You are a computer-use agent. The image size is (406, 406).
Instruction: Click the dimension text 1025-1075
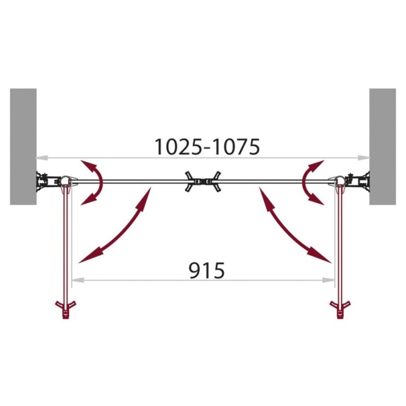(207, 147)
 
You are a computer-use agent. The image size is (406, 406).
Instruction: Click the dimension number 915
(207, 270)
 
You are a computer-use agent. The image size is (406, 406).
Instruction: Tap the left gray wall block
(23, 147)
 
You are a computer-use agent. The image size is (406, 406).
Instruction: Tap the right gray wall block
(383, 147)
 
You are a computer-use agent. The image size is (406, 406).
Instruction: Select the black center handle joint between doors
(203, 181)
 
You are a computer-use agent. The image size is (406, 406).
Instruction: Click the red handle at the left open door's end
(66, 310)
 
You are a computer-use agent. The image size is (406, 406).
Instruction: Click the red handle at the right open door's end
(340, 310)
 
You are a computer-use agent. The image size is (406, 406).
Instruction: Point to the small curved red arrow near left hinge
(101, 181)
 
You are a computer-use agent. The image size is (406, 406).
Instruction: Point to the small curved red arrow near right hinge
(304, 181)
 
